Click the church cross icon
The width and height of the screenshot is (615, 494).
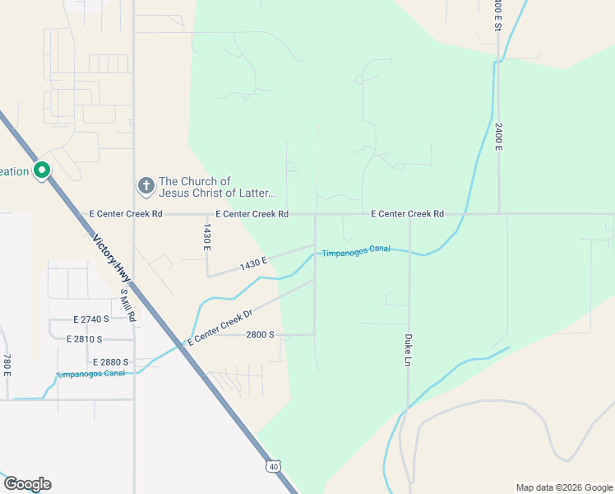click(146, 185)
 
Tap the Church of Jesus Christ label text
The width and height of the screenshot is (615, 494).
click(217, 188)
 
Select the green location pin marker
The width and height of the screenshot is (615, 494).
click(42, 170)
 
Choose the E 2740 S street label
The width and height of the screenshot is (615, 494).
click(90, 319)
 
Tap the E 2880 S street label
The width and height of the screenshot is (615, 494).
click(111, 362)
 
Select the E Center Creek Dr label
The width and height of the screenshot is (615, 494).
click(219, 326)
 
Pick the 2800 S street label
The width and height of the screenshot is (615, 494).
click(260, 335)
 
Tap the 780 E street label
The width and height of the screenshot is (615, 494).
click(7, 365)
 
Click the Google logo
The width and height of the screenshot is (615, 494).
click(27, 484)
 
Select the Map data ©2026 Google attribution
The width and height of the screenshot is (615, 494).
click(563, 487)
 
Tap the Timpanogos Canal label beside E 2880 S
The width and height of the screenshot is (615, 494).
click(90, 374)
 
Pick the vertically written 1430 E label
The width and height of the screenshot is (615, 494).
click(207, 236)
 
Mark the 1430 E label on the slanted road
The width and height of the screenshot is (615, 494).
click(254, 263)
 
